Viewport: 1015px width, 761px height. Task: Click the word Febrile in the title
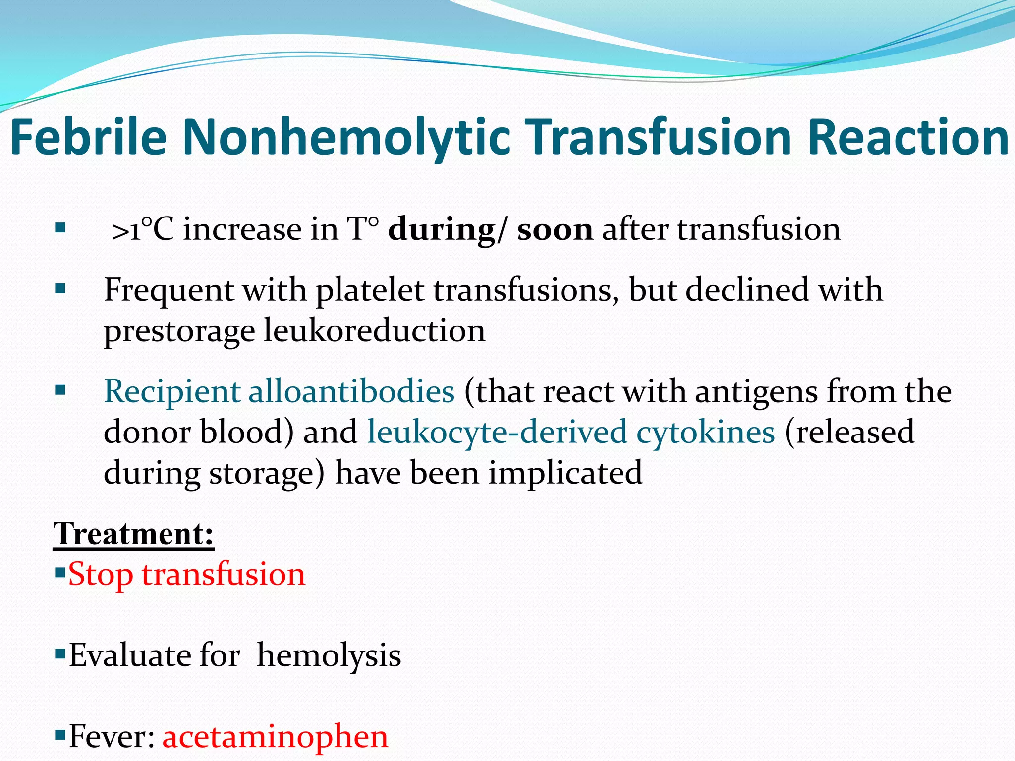(88, 137)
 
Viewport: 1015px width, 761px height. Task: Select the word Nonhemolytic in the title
(346, 138)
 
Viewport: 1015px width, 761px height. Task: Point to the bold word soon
(555, 230)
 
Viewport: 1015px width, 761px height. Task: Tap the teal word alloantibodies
(351, 391)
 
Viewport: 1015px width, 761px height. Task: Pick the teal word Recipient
(172, 391)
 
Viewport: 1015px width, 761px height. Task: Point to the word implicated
(565, 473)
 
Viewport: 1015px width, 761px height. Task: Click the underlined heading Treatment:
(134, 534)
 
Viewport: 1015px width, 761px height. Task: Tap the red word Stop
(101, 575)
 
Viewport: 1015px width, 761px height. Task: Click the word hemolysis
(329, 655)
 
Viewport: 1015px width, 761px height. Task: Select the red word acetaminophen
(275, 737)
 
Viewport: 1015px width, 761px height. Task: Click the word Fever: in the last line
(112, 737)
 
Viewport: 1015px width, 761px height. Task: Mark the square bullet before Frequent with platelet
(60, 289)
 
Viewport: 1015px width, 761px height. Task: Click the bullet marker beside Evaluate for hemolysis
(60, 654)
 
